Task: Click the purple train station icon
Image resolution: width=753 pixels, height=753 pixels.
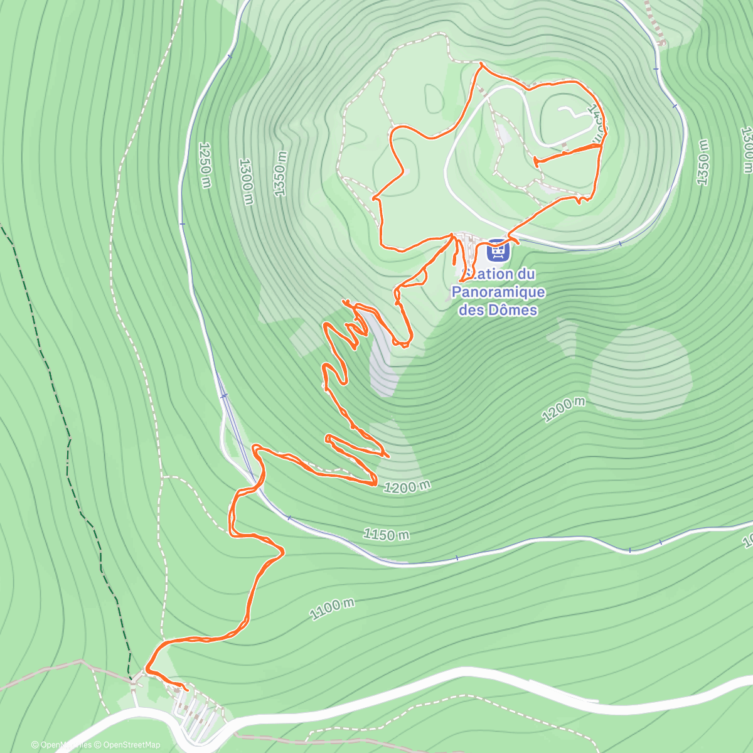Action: click(497, 251)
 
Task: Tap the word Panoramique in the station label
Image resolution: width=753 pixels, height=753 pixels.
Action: click(498, 292)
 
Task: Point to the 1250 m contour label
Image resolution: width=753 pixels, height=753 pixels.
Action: click(205, 164)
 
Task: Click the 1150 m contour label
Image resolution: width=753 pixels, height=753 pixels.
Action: click(387, 535)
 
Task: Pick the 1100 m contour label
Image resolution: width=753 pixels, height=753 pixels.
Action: click(332, 608)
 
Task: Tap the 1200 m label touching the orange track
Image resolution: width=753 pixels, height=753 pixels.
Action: click(407, 486)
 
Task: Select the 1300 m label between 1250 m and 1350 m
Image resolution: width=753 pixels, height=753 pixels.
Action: click(246, 180)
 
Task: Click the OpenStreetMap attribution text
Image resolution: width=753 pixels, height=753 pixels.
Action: click(131, 745)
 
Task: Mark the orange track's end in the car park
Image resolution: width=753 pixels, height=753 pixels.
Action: click(187, 690)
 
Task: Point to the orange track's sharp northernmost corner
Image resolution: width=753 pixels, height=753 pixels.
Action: click(481, 63)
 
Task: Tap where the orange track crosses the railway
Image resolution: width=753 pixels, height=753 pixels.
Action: click(255, 484)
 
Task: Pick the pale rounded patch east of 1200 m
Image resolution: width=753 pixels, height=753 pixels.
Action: click(640, 370)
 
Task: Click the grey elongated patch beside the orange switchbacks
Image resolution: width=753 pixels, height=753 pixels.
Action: click(380, 358)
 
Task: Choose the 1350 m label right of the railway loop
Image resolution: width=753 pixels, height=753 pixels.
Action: click(703, 163)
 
